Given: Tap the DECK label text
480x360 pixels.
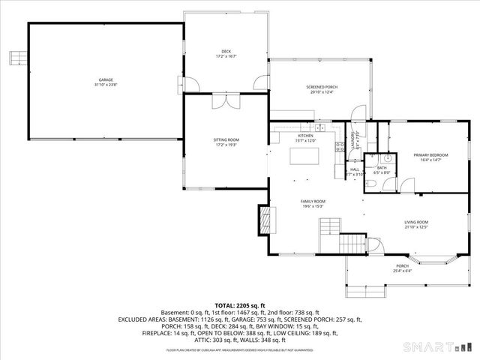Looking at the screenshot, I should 226,51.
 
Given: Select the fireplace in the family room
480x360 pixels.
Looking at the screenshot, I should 264,220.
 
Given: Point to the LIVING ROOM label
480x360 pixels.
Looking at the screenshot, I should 415,222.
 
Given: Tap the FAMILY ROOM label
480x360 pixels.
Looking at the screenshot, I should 313,202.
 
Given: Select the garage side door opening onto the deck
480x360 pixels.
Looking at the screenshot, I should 190,82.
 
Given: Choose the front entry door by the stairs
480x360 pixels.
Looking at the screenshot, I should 370,245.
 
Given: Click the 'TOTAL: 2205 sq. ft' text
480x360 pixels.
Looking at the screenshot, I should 239,306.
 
